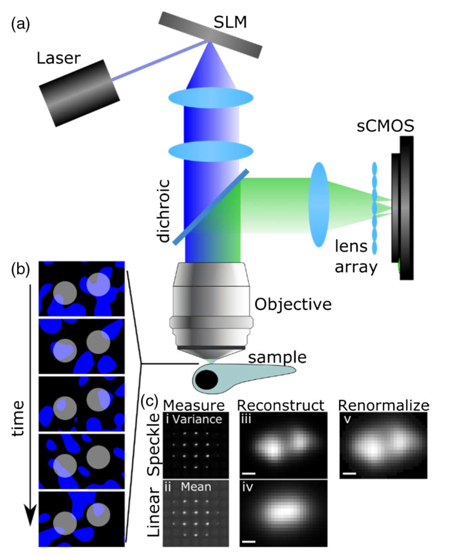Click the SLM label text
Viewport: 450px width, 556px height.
[230, 23]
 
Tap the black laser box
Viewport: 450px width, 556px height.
[79, 93]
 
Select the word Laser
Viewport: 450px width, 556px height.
[58, 58]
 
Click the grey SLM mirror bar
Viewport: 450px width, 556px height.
[210, 34]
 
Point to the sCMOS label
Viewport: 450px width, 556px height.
[385, 126]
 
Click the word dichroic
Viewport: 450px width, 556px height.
[163, 211]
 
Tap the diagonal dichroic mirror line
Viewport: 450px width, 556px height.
[211, 207]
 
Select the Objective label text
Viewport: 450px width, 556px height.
[293, 304]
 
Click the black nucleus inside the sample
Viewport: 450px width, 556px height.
[207, 380]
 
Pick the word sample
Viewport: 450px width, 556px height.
[277, 357]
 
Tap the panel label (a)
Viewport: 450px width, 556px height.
[21, 24]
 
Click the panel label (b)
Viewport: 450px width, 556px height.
[21, 269]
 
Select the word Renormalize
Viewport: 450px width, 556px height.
[383, 405]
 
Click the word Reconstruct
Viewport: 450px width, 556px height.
[280, 405]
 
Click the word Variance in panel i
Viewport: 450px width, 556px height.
[197, 419]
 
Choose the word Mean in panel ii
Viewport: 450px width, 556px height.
[196, 487]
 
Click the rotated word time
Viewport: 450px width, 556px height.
[18, 418]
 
